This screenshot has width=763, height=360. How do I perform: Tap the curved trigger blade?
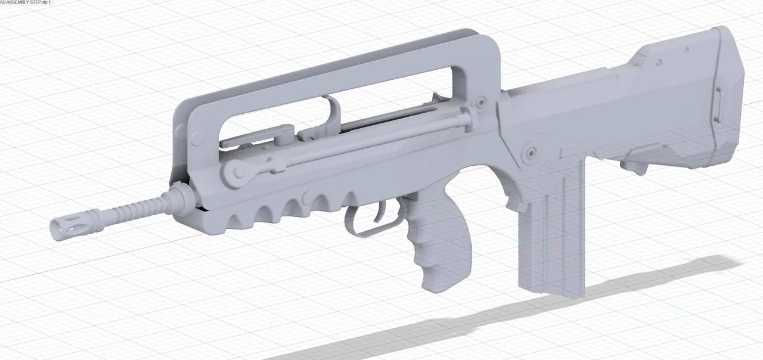[381, 209]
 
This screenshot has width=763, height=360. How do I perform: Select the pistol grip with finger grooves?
[441, 250]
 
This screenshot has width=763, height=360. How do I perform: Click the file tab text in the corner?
[25, 3]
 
